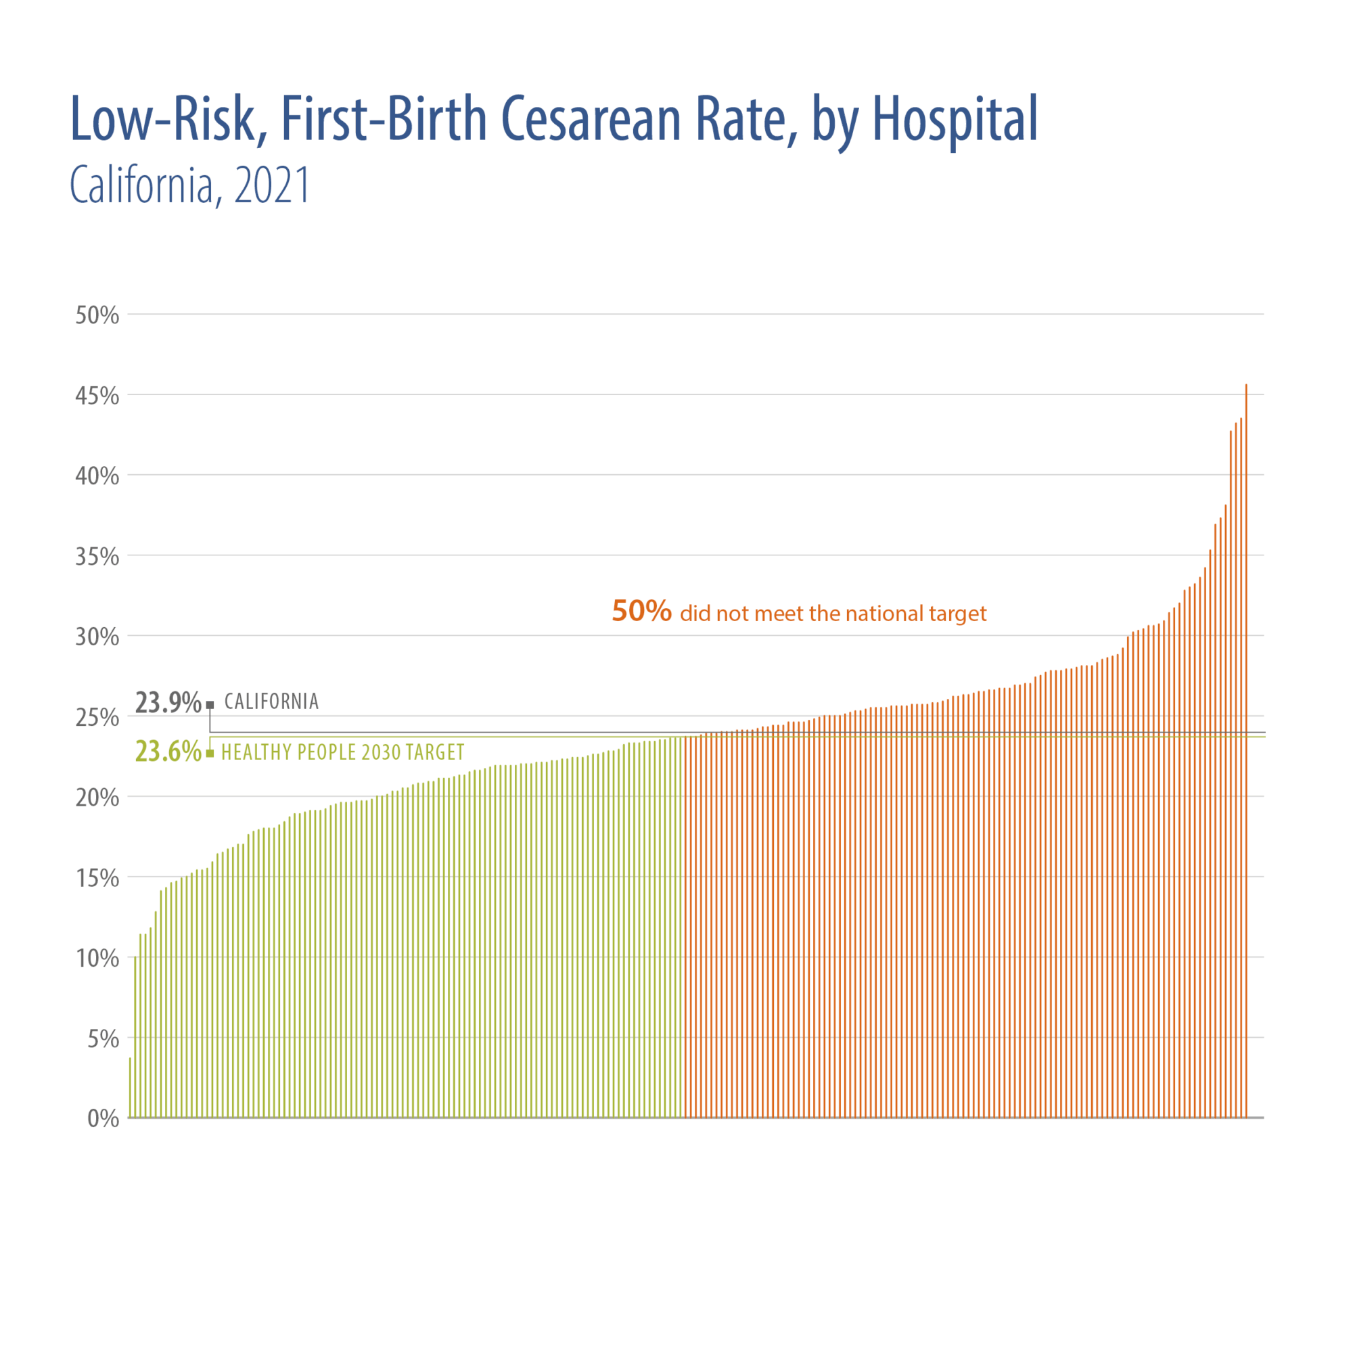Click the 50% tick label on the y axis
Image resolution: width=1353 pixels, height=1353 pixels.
(97, 316)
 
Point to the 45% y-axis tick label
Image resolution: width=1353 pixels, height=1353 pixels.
(97, 396)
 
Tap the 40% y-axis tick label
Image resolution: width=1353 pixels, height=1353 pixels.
(97, 476)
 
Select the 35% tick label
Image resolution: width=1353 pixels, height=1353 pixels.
(97, 557)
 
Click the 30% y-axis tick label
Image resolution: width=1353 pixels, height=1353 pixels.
(97, 637)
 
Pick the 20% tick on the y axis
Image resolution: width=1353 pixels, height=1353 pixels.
(97, 798)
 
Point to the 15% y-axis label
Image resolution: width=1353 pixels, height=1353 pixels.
(97, 878)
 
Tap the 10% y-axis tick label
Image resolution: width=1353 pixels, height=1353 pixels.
(97, 958)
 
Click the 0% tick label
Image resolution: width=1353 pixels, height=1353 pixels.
(103, 1118)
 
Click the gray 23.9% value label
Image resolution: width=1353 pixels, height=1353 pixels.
(168, 702)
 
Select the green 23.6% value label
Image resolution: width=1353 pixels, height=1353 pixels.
(168, 752)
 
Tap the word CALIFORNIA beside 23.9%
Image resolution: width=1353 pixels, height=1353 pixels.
(272, 702)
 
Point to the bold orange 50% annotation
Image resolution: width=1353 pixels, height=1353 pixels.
(641, 612)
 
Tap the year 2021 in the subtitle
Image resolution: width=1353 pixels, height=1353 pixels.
(273, 186)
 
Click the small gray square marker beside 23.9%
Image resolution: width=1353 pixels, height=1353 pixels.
(210, 705)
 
